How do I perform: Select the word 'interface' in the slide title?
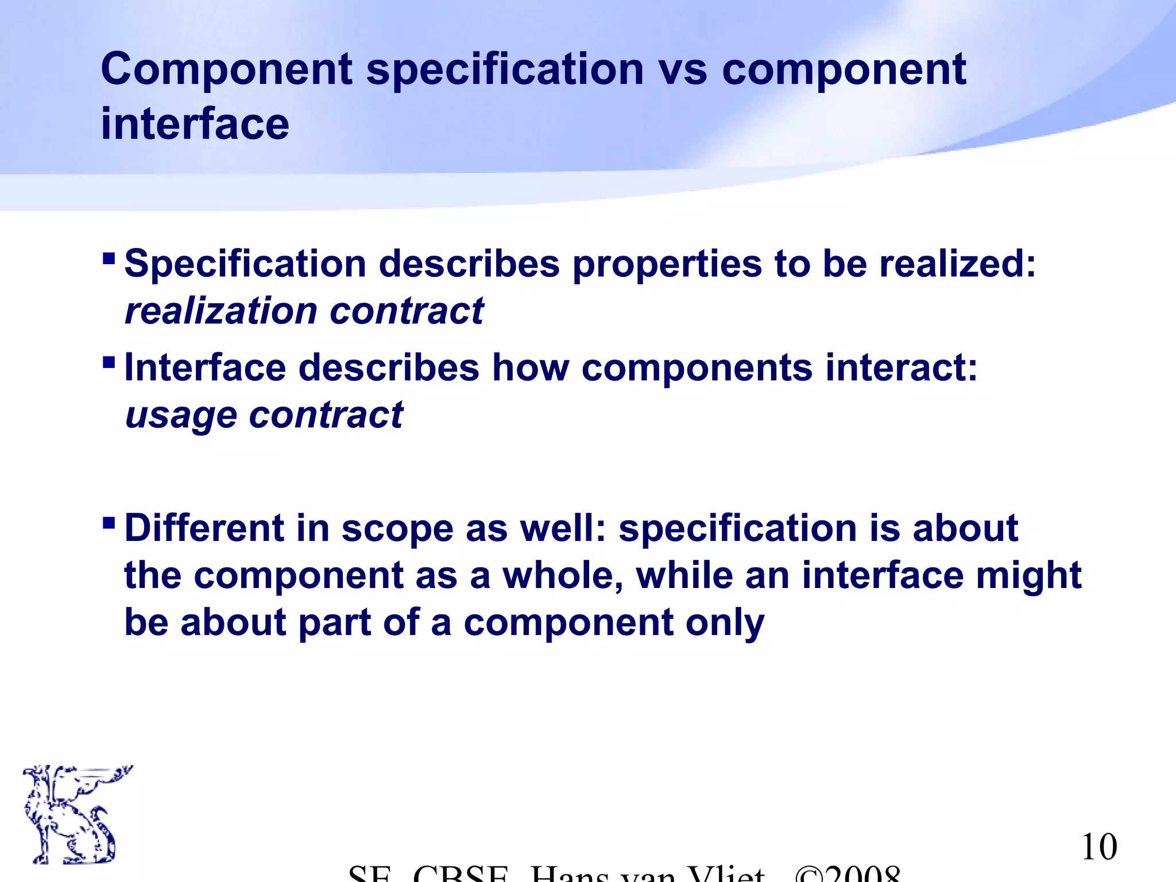195,124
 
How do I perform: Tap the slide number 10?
1099,847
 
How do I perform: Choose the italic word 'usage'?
180,416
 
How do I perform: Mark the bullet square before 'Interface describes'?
109,362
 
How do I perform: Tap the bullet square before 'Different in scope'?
109,523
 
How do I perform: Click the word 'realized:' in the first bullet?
957,264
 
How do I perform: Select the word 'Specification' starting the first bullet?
245,265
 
